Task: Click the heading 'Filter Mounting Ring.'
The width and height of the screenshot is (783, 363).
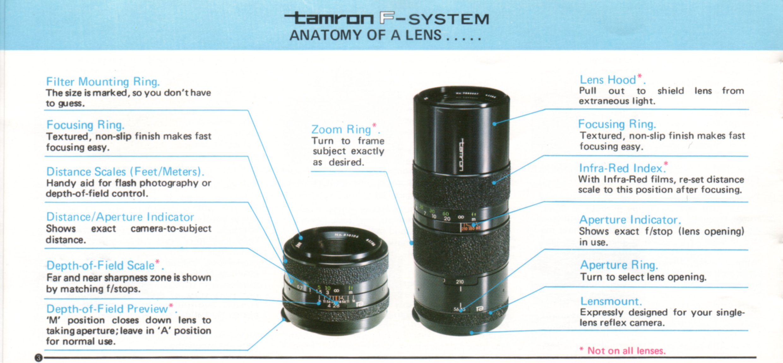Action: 103,81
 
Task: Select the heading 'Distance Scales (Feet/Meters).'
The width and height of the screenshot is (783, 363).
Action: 125,171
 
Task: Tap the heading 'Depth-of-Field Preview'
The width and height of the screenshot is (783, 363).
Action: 107,309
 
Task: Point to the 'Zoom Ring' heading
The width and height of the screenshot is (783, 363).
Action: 341,129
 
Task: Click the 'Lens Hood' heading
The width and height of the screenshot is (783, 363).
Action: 608,80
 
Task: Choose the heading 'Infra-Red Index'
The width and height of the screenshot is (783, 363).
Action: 620,168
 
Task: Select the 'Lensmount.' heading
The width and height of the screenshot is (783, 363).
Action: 611,301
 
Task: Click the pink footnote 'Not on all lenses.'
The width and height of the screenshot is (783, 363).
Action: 626,351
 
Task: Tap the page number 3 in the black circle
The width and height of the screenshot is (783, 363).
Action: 39,358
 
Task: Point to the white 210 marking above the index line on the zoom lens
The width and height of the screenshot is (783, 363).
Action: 460,282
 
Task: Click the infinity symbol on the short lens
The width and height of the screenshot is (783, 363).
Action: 337,290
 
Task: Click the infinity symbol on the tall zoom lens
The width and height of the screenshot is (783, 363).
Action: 461,217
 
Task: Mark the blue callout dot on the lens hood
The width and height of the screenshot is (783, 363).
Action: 494,124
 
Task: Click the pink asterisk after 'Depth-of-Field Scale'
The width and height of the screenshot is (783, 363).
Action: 158,262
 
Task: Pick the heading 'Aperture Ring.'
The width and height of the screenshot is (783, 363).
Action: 619,265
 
